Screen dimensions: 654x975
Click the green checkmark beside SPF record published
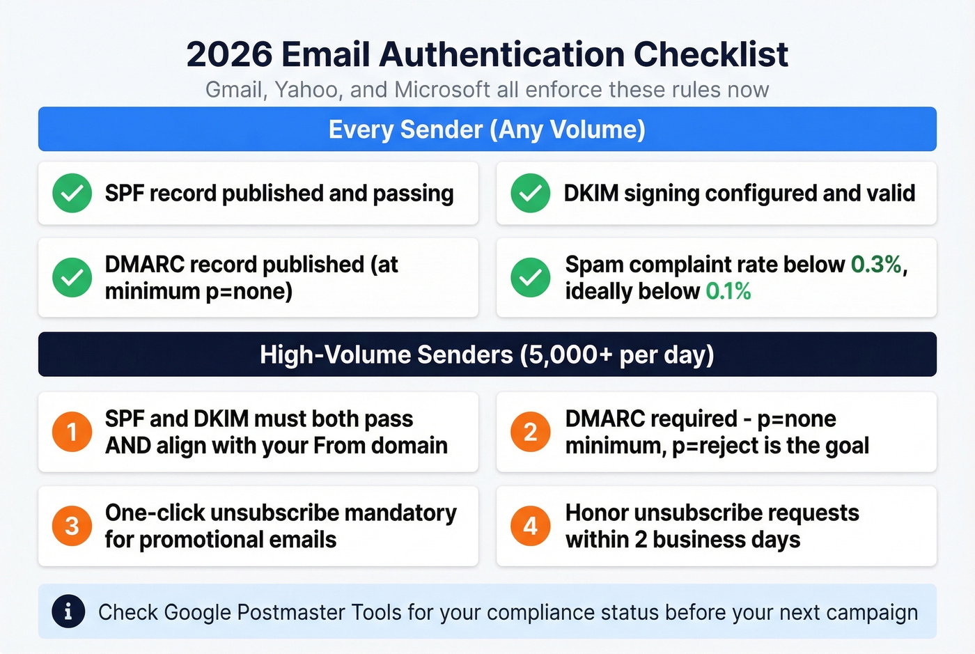coord(72,193)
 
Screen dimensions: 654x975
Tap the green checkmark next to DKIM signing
coord(530,193)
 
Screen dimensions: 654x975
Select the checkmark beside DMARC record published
coord(72,277)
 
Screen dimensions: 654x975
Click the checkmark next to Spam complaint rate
coord(530,277)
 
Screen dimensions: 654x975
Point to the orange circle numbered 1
coord(72,432)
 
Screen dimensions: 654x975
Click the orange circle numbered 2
coord(530,432)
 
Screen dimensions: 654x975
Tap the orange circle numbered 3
coord(72,526)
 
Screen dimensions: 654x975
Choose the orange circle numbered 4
coord(530,526)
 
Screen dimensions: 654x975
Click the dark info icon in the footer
coord(68,612)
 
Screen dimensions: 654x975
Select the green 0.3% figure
coord(876,265)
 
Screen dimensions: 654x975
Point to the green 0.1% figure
coord(728,291)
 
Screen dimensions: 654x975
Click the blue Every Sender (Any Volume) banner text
coord(487,130)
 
